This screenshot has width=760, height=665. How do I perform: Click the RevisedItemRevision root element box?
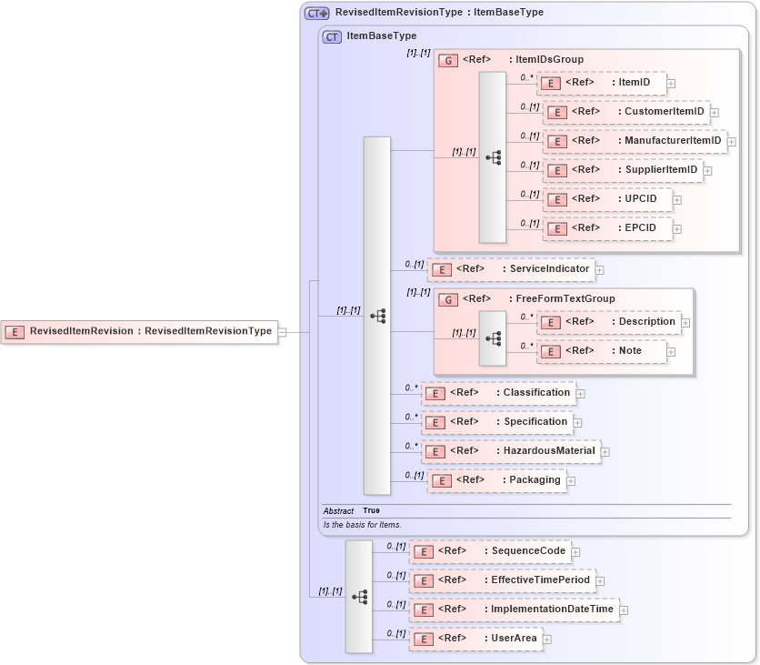140,332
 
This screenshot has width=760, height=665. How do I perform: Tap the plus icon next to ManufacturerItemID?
731,142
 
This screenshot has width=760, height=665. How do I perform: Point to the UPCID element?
606,199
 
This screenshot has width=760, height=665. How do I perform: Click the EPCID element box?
606,228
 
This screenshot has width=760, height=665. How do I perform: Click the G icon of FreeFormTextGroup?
447,299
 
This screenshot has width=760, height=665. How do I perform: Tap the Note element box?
601,351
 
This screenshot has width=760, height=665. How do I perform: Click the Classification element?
498,393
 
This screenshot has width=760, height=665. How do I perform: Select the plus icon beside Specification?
577,423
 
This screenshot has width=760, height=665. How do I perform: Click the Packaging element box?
496,480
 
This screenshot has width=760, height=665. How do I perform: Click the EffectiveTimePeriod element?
502,580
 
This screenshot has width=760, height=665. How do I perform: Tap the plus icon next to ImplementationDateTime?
624,610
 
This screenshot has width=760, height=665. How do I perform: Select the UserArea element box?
475,639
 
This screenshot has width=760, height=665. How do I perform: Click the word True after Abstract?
371,511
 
